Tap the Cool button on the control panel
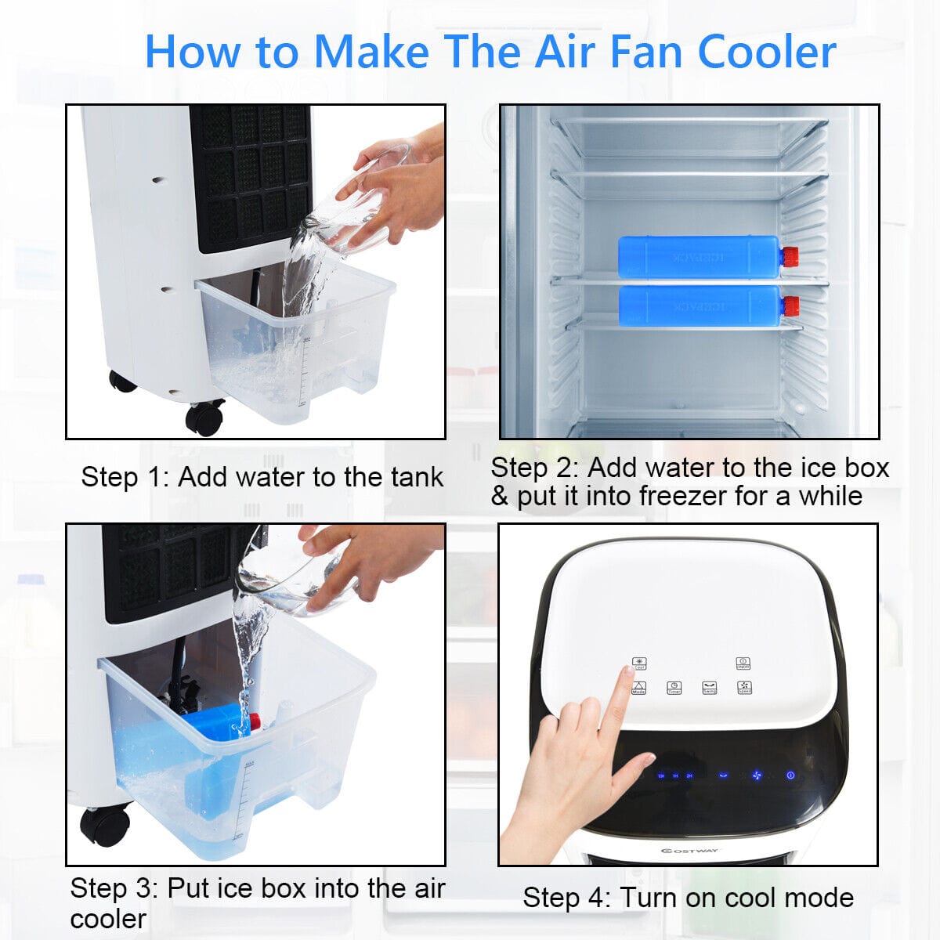639,663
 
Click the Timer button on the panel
674,688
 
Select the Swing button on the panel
709,688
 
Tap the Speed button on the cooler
743,688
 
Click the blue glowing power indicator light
790,775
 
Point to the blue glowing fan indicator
757,775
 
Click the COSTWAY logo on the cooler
689,851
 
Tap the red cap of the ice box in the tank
254,721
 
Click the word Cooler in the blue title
767,52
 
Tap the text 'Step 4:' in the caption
567,898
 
